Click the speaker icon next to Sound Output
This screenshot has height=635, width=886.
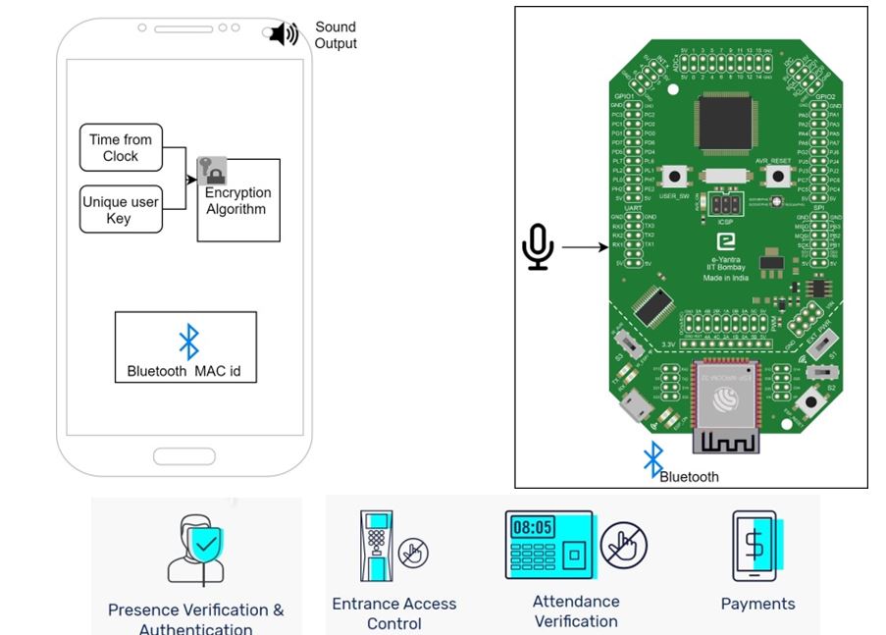[284, 34]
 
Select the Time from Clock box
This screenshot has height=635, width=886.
[121, 148]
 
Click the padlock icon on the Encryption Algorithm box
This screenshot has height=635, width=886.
[209, 171]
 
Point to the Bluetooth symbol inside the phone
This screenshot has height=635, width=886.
[188, 342]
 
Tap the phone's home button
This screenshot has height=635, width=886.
[183, 456]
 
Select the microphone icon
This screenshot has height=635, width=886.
[537, 247]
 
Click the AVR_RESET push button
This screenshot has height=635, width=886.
[777, 177]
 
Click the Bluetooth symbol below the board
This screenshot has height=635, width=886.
[652, 458]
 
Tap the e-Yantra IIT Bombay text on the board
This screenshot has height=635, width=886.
[726, 260]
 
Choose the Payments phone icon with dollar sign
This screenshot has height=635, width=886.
[754, 546]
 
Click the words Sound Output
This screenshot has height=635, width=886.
[336, 35]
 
